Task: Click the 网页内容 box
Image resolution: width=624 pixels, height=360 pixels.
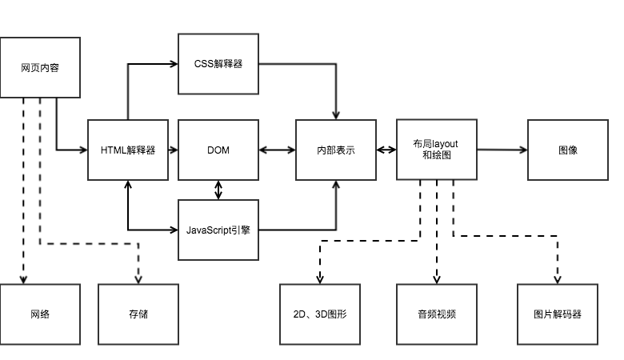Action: (40, 68)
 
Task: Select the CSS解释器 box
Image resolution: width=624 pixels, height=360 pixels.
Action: (218, 64)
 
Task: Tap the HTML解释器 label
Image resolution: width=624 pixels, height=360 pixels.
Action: (128, 150)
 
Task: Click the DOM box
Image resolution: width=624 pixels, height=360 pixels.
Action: (218, 150)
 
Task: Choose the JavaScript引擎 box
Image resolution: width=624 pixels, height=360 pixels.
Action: (218, 230)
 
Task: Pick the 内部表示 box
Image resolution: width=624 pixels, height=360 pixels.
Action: (336, 150)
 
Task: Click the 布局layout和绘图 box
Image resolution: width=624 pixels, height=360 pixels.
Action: (437, 150)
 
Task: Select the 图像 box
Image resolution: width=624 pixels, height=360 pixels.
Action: (568, 150)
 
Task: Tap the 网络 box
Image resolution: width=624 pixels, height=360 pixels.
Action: (40, 314)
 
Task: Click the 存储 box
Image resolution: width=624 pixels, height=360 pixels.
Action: (138, 314)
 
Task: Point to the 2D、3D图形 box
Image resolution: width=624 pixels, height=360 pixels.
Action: (320, 314)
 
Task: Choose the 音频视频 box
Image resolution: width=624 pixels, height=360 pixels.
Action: (437, 314)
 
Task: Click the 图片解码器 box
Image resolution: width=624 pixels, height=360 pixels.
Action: (558, 314)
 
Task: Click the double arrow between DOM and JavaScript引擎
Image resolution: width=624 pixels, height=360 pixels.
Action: (218, 190)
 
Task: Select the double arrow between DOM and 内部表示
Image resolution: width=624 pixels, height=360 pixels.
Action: (278, 150)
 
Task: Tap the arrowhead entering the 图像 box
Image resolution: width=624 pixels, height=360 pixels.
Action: (523, 150)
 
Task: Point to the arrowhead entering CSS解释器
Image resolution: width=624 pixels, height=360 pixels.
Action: (174, 64)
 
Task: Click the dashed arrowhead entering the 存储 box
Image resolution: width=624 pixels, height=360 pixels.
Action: (138, 280)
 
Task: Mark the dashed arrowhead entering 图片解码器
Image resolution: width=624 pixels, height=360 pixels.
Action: (558, 280)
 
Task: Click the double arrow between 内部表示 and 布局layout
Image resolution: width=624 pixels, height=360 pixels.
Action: (386, 150)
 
